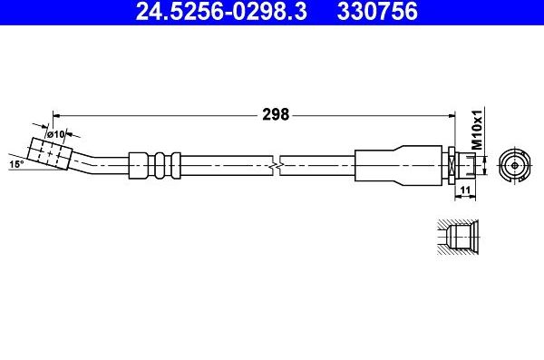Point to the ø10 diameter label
click(56, 134)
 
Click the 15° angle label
click(15, 165)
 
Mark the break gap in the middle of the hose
click(276, 164)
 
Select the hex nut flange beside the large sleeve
click(450, 164)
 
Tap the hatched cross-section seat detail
click(453, 238)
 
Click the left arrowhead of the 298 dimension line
click(56, 114)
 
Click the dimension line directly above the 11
click(463, 181)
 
